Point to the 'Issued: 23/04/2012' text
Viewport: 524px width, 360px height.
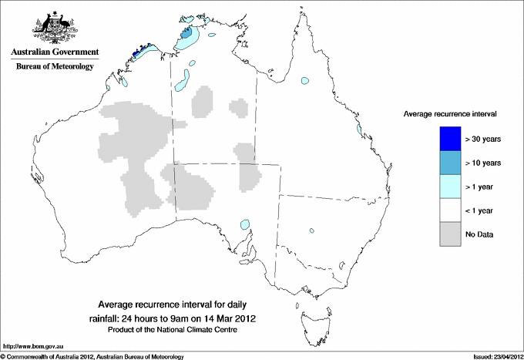coord(495,356)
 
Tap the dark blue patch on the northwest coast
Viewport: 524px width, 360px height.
coord(138,52)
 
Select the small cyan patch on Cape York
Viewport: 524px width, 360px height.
coord(306,79)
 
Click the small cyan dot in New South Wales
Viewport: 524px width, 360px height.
coord(312,229)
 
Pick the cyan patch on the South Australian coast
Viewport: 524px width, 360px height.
coord(244,224)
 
